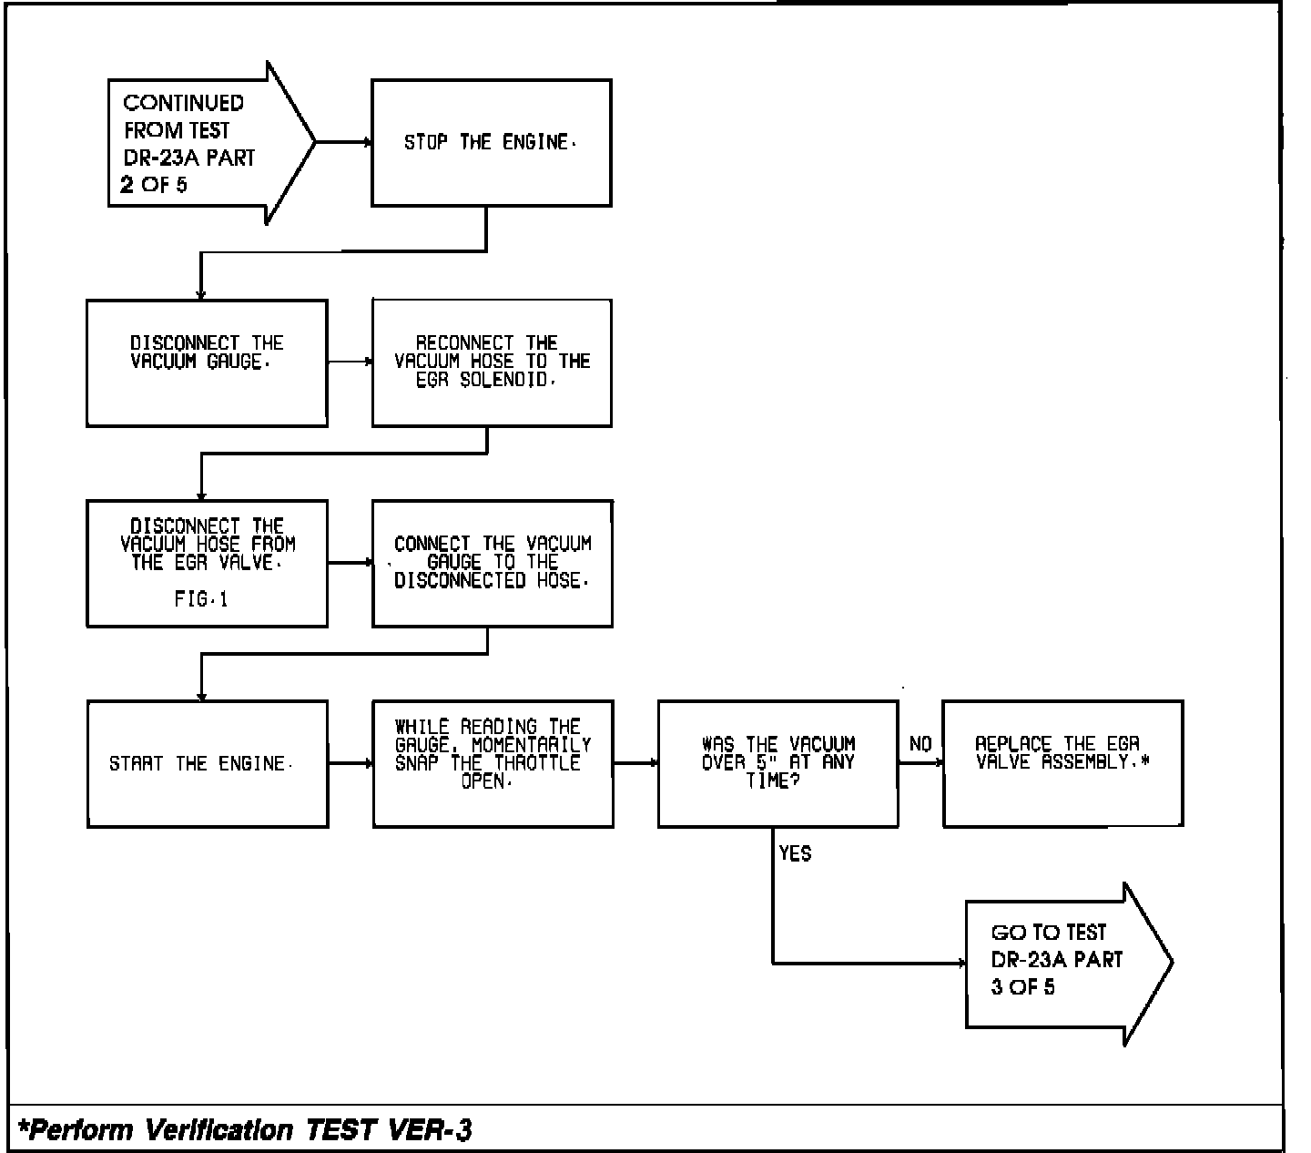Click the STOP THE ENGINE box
pyautogui.click(x=491, y=143)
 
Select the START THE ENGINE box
pyautogui.click(x=208, y=763)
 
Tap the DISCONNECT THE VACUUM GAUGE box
pyautogui.click(x=207, y=362)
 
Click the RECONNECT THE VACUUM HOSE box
pyautogui.click(x=492, y=362)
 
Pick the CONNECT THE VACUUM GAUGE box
pyautogui.click(x=492, y=563)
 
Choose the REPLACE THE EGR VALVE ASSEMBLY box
pyautogui.click(x=1062, y=763)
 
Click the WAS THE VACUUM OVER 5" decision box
pyautogui.click(x=777, y=763)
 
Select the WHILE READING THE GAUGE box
pyautogui.click(x=493, y=763)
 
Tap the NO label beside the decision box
pyautogui.click(x=920, y=745)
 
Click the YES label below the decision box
pyautogui.click(x=795, y=854)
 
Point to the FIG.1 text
pyautogui.click(x=202, y=600)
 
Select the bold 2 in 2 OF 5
pyautogui.click(x=127, y=186)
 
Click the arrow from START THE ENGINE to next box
pyautogui.click(x=351, y=763)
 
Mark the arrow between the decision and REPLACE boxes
pyautogui.click(x=920, y=763)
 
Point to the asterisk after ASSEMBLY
pyautogui.click(x=1144, y=761)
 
